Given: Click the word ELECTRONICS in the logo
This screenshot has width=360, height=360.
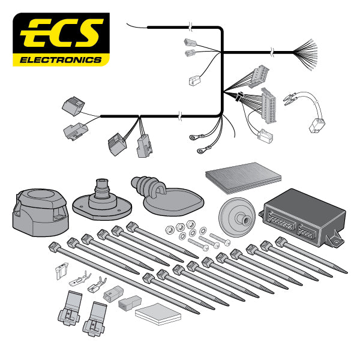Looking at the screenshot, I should coord(61,60).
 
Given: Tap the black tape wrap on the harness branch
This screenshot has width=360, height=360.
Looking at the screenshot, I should coord(238,96).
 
